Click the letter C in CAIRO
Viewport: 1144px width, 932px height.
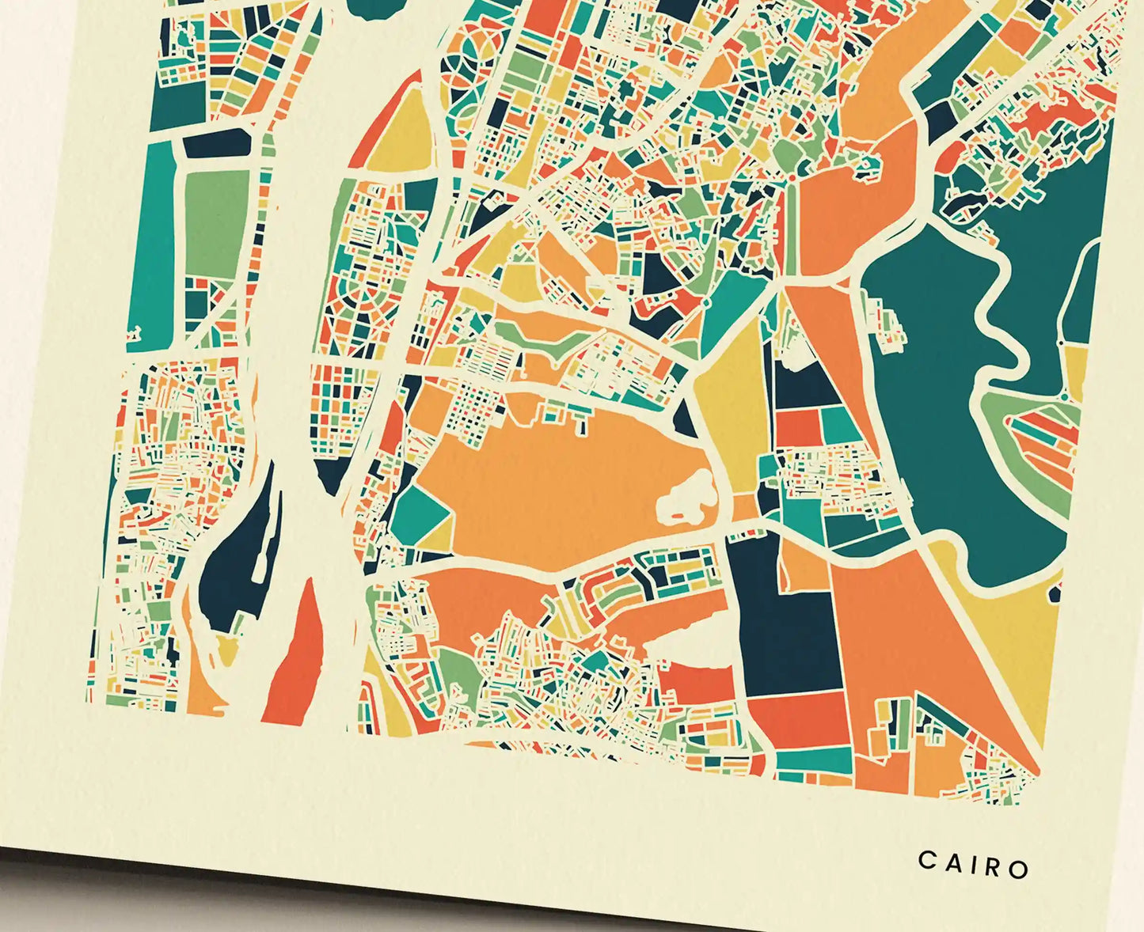tap(926, 860)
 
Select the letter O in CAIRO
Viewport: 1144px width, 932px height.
tap(1019, 869)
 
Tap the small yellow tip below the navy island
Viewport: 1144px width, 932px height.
tap(227, 649)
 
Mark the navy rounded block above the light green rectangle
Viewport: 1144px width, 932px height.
tap(218, 145)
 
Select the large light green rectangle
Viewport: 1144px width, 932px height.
tap(216, 214)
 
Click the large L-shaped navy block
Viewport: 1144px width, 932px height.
tap(784, 625)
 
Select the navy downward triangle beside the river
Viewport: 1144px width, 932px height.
tap(332, 472)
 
